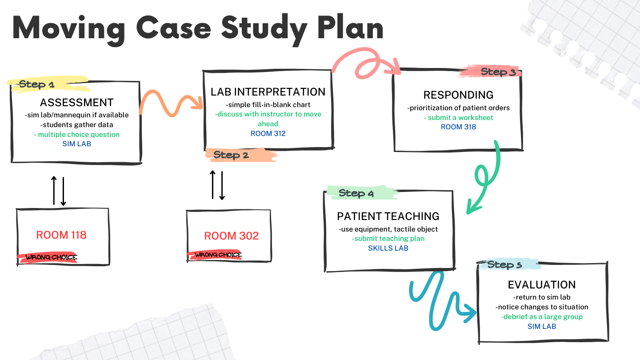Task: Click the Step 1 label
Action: [36, 84]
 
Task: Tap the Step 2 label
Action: [231, 155]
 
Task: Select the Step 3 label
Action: [498, 72]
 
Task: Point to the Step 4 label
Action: [356, 193]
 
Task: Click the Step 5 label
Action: [504, 265]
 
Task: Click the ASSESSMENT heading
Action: [77, 103]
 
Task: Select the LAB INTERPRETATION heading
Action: [268, 92]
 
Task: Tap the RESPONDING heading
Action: [458, 95]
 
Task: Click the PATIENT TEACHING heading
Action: [388, 216]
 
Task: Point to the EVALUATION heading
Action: [542, 285]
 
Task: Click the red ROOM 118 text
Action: [61, 235]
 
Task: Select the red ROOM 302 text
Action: [231, 236]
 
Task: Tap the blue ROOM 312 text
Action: [268, 133]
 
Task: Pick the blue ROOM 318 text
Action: [458, 127]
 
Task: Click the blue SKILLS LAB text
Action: [388, 248]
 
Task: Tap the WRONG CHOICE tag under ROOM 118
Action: [51, 257]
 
